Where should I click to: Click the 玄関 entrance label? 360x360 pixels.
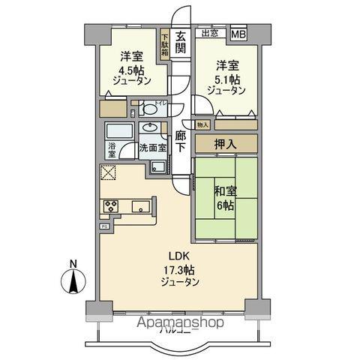pyautogui.click(x=181, y=42)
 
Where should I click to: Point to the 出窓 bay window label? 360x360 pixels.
pyautogui.click(x=209, y=32)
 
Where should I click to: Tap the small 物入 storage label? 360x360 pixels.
pyautogui.click(x=202, y=124)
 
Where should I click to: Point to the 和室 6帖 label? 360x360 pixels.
pyautogui.click(x=224, y=197)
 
